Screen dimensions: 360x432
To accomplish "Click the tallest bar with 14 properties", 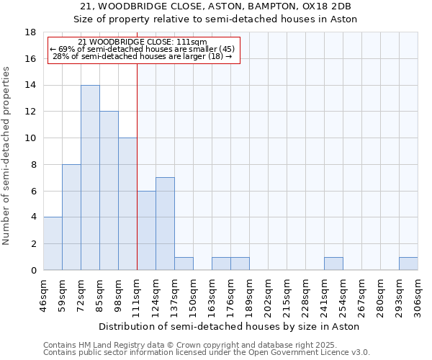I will [x=90, y=178].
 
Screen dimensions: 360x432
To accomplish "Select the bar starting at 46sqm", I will [x=53, y=243].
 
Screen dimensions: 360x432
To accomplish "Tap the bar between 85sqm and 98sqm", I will [x=109, y=191].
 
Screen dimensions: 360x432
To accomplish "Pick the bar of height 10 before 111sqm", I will [x=127, y=204].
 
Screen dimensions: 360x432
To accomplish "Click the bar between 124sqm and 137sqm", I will [x=165, y=224].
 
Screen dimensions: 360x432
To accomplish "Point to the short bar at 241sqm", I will [x=333, y=264].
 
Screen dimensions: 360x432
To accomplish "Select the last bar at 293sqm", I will [x=408, y=264].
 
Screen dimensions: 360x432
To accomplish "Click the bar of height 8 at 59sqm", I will [x=71, y=217].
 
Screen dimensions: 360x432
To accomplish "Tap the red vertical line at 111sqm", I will [x=137, y=144].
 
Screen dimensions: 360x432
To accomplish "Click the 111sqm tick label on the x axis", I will [x=137, y=295].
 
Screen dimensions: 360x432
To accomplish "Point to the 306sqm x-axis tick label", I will [x=418, y=295].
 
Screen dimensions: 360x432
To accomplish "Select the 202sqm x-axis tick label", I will [x=268, y=295].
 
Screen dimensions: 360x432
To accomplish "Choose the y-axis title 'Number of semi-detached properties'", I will [x=7, y=156].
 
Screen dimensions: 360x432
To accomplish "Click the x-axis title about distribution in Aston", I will [x=230, y=326].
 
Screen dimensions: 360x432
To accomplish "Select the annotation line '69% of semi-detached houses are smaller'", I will [x=143, y=49].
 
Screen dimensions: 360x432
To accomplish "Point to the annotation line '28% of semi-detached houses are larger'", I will [x=143, y=56].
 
